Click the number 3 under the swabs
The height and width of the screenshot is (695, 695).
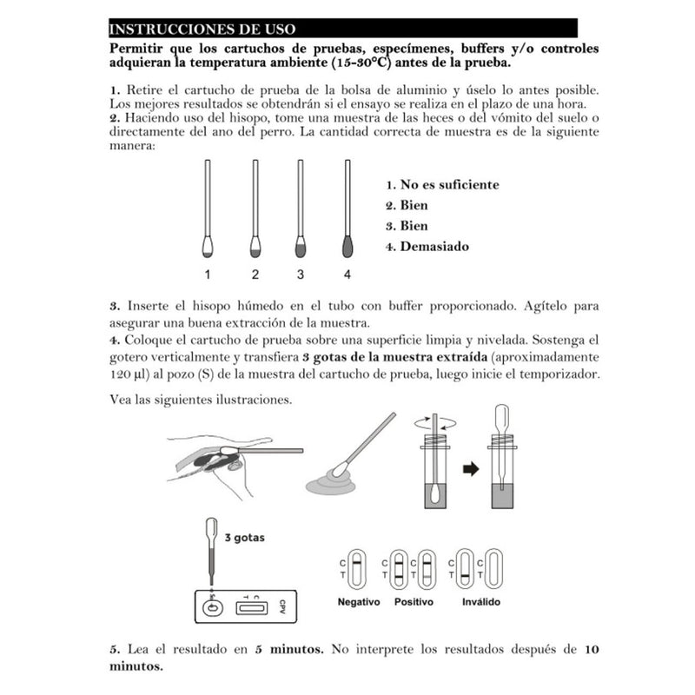click(301, 275)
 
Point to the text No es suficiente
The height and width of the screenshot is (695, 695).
click(448, 184)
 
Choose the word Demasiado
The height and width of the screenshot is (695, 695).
click(434, 246)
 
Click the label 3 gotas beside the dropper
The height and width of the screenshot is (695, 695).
click(244, 538)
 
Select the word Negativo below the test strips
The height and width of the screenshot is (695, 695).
click(359, 602)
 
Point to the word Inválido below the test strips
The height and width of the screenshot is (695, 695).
click(479, 602)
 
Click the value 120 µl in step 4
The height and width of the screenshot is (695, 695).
click(127, 374)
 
